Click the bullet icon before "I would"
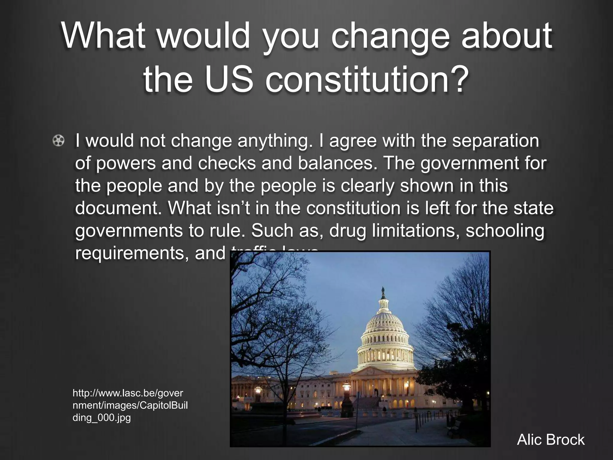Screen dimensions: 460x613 [x=59, y=141]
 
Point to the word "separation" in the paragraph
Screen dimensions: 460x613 [x=495, y=141]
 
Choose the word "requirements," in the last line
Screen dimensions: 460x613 [x=132, y=253]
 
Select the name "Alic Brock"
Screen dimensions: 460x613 [x=551, y=440]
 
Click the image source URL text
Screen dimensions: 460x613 [x=130, y=405]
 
